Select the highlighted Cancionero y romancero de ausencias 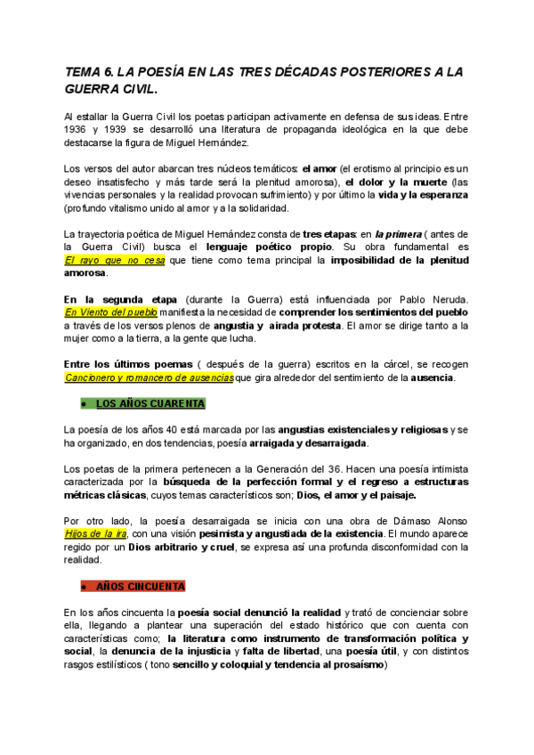point(149,377)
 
